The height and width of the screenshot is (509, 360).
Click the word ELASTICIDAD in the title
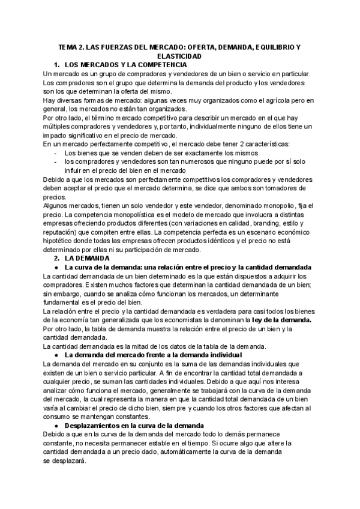pyautogui.click(x=180, y=55)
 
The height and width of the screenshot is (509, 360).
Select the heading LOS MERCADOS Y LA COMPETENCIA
pyautogui.click(x=125, y=64)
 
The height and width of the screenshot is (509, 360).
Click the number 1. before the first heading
pyautogui.click(x=56, y=64)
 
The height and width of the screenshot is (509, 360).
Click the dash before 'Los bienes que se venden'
pyautogui.click(x=56, y=153)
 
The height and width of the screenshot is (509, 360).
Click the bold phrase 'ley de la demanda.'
pyautogui.click(x=282, y=321)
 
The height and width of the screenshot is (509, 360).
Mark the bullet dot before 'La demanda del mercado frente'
pyautogui.click(x=56, y=356)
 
